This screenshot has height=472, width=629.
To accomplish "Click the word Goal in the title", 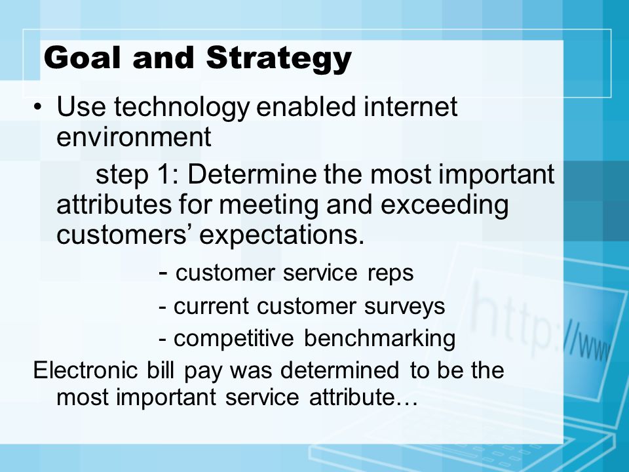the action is click(83, 58).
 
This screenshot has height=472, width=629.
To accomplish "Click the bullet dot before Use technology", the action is click(37, 107).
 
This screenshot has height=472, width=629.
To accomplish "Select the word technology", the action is click(181, 108).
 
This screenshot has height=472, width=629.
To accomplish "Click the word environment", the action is click(134, 137).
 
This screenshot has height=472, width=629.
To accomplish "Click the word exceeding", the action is click(444, 205).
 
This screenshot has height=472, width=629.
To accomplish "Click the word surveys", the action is click(404, 307).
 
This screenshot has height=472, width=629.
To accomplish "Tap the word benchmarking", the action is click(379, 339).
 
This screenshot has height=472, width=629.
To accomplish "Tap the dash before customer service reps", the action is click(163, 273).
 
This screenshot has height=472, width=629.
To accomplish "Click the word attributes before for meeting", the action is click(114, 205).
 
